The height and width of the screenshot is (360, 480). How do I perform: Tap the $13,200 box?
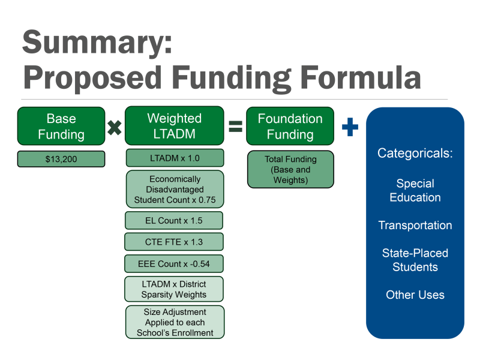click(61, 159)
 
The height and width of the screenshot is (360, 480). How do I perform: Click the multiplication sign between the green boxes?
click(114, 127)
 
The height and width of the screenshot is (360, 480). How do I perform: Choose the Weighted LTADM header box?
click(174, 126)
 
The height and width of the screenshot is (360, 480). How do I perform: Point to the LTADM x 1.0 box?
click(175, 158)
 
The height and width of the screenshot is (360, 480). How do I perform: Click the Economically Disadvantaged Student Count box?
click(175, 189)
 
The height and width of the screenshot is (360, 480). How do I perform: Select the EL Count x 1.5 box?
click(174, 220)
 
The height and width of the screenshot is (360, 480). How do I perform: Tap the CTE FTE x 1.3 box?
click(174, 242)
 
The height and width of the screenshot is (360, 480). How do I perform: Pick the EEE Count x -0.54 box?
click(174, 263)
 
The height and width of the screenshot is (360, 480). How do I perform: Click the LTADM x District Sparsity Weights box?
click(174, 289)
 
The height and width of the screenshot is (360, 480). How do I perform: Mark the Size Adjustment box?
click(175, 322)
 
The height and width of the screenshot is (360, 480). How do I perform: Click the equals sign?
click(235, 127)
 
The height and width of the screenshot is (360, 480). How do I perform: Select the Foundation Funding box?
click(290, 126)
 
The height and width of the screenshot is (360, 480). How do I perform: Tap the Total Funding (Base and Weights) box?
click(290, 169)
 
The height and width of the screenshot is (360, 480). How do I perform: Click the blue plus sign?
click(350, 127)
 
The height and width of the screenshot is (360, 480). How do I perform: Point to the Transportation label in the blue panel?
click(415, 226)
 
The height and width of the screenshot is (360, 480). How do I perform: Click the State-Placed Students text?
click(415, 260)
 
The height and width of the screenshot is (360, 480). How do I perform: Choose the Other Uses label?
click(415, 295)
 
